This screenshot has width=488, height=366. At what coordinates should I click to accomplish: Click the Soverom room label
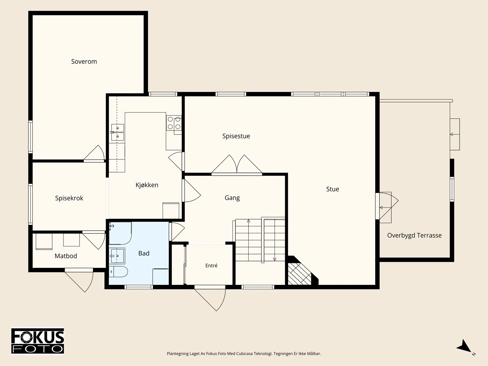tap(84, 62)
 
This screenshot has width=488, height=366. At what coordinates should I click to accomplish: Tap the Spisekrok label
tap(69, 198)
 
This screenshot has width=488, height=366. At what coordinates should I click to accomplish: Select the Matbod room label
tap(66, 256)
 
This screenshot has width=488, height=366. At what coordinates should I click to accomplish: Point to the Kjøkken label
tap(147, 185)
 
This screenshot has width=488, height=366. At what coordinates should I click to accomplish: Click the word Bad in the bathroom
tap(144, 253)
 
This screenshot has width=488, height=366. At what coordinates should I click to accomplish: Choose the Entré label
tap(211, 266)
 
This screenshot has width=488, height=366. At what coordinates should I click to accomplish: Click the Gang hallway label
tap(232, 198)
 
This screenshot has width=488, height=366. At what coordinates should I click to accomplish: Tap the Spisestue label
tap(236, 136)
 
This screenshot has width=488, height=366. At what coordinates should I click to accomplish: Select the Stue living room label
tap(332, 189)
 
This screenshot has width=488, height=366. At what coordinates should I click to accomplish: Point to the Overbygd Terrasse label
tap(414, 235)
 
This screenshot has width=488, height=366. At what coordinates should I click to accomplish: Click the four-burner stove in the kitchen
tap(174, 123)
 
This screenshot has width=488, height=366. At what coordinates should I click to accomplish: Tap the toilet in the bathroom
tap(118, 271)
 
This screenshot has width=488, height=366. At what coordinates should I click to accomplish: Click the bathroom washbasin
tap(117, 256)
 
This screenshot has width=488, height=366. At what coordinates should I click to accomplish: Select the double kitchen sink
tap(117, 132)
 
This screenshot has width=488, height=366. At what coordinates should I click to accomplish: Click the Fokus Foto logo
tap(38, 341)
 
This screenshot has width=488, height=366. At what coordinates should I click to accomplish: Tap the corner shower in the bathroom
tap(120, 233)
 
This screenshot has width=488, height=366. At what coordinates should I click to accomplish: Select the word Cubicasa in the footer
tap(244, 353)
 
